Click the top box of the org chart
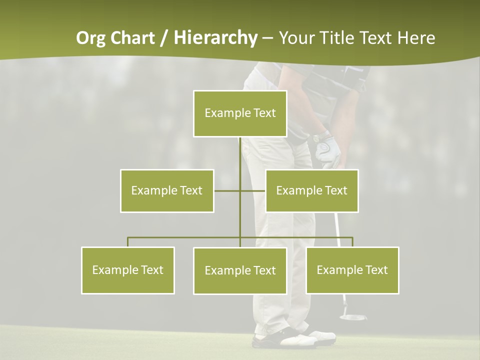240,113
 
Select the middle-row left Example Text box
167,190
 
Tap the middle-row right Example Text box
311,190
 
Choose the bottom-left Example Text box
128,270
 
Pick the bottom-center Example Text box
240,270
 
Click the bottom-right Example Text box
352,270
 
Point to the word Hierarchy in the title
215,38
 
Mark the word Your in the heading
296,38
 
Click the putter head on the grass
352,316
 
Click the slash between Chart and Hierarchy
164,38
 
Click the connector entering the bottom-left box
128,242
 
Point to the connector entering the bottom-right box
352,242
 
